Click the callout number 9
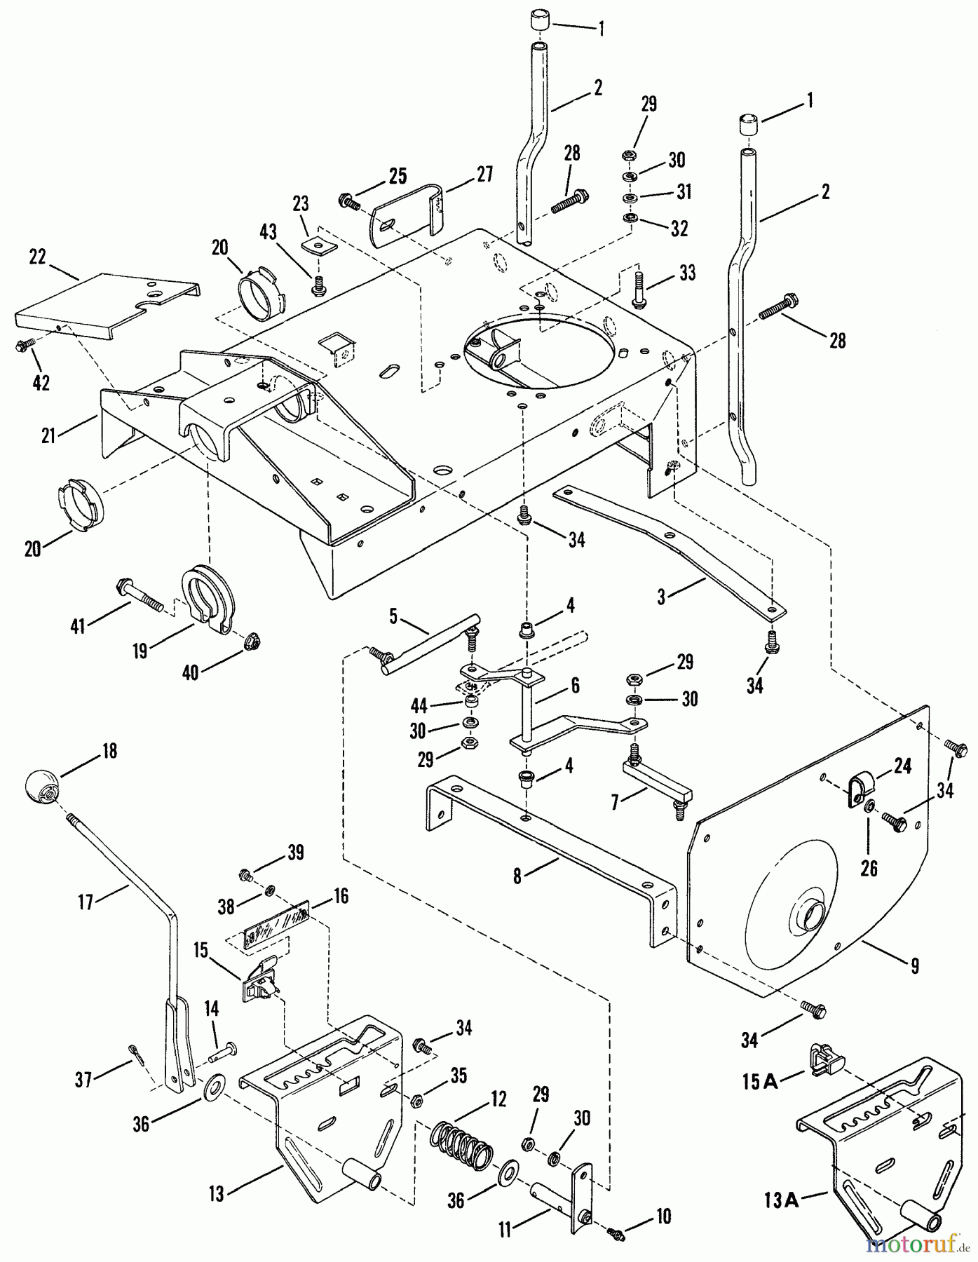(x=914, y=966)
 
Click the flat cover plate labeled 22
(x=105, y=306)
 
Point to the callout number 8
(x=517, y=876)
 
